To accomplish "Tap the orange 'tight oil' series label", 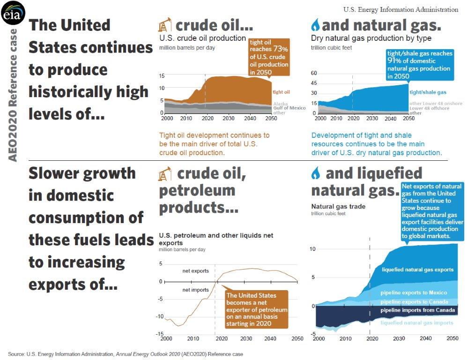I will [281, 92].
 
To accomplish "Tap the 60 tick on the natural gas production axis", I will [314, 74].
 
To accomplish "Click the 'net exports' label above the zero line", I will [195, 271].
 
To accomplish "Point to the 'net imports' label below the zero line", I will [195, 290].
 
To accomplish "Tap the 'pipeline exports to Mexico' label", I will [414, 293].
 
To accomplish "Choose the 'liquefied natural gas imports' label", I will [417, 322].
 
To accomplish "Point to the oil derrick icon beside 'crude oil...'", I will [165, 25].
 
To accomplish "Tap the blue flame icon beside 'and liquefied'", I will [317, 174].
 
